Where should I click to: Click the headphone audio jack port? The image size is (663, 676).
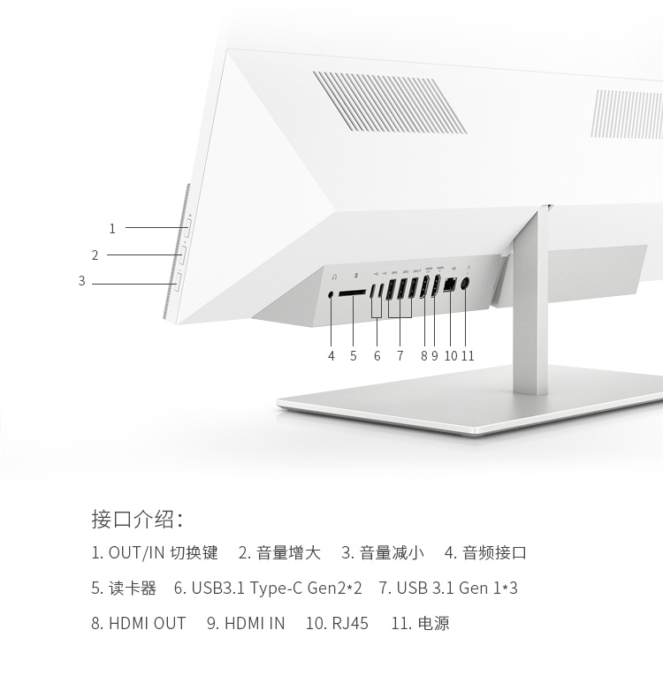coord(331,295)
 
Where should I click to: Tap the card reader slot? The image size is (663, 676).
coord(352,292)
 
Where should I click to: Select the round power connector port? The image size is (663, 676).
coord(465,285)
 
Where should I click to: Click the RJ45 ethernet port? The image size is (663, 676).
coord(449,285)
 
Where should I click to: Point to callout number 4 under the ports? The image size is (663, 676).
coord(331,356)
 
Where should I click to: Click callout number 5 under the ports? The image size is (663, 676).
coord(354,356)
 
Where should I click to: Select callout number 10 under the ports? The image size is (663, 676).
coord(450,356)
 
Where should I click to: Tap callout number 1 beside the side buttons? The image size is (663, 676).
coord(112,229)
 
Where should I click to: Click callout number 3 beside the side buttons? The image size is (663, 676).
coord(82,281)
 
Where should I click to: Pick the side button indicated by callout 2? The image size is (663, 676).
coord(182,255)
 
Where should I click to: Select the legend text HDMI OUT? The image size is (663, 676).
coord(147,623)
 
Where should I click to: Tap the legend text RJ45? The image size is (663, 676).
coord(350,623)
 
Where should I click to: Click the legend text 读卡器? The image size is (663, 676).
coord(133,588)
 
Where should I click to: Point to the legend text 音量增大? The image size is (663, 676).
coord(288,552)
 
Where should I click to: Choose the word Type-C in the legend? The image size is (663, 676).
coord(276,589)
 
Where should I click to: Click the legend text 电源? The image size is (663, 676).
coord(434,623)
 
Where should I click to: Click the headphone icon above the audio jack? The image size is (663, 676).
coord(334,277)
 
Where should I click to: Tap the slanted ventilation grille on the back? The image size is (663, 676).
coord(390,103)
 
